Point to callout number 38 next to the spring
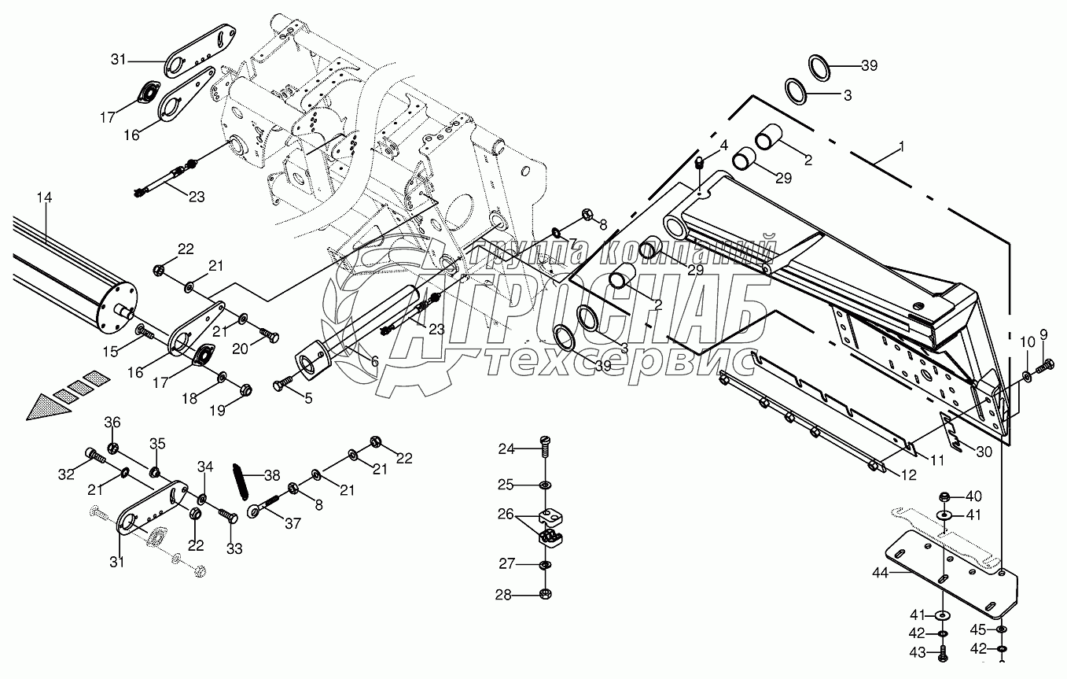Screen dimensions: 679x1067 click(272, 475)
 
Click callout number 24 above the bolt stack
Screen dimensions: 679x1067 click(506, 450)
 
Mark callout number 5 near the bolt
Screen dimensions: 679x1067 click(307, 399)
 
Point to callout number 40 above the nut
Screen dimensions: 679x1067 click(974, 496)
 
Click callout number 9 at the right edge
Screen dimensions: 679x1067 click(1044, 334)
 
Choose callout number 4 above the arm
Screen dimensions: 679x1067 click(723, 146)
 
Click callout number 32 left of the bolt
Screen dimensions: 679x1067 click(66, 474)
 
